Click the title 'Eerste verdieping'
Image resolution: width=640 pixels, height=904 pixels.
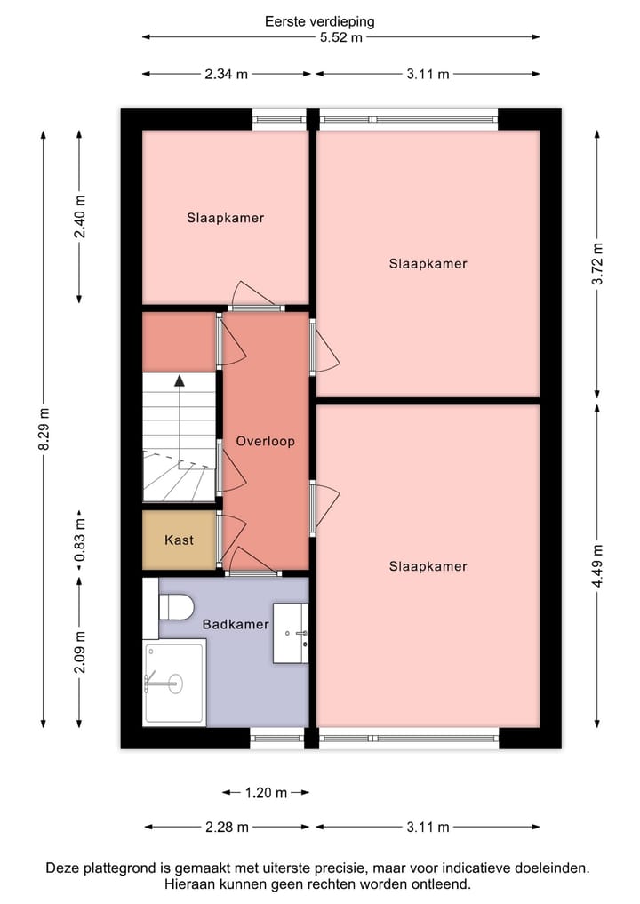coord(319,20)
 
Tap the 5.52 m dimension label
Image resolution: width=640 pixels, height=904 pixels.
coord(342,37)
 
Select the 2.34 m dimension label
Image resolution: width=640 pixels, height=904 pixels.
coord(226,74)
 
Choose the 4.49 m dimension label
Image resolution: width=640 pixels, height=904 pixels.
coord(597,565)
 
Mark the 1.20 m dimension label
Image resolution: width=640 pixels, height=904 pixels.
coord(266,792)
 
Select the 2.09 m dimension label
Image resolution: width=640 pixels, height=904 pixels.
coord(79,652)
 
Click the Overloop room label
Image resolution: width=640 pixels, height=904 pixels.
coord(265,441)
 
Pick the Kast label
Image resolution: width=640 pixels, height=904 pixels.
coord(179,540)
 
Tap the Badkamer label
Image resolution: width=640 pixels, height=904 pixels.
coord(236,624)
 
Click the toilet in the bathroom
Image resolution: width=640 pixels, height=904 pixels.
coord(176,607)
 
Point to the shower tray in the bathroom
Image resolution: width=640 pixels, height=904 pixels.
coord(173,683)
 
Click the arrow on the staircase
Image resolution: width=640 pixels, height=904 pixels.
coord(180,382)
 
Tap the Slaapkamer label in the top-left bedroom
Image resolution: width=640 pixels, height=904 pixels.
coord(225,217)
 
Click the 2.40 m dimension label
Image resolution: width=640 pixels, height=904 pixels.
coord(79,217)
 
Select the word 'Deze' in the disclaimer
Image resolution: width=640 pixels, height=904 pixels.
coord(62,868)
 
